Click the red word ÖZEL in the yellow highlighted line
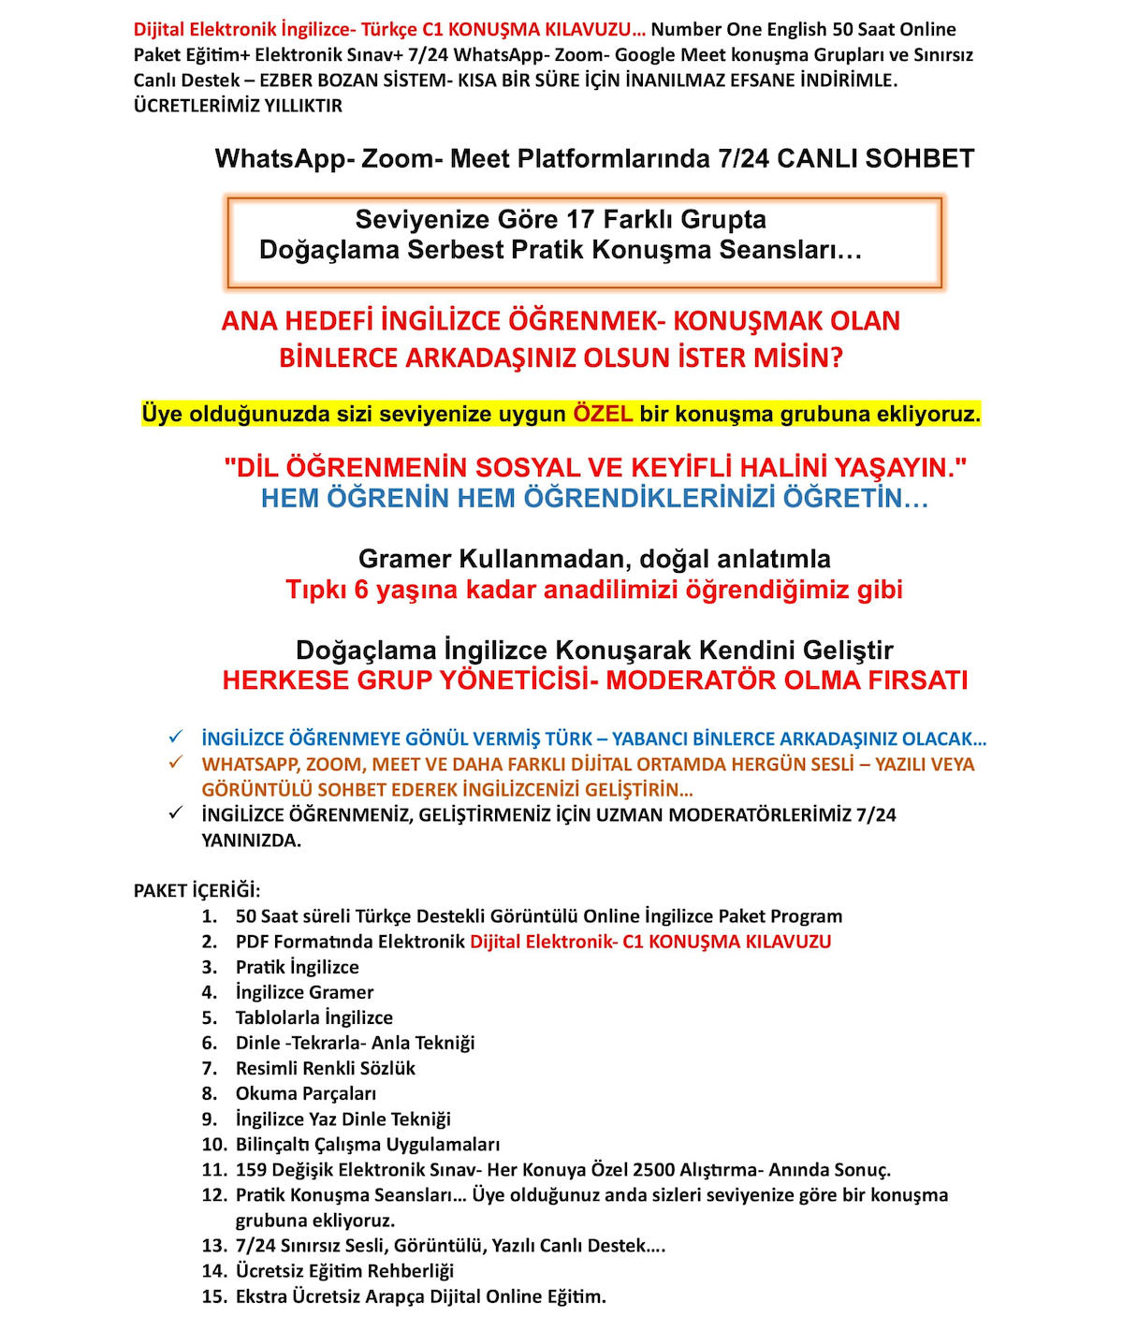pos(603,414)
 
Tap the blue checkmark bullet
pos(175,738)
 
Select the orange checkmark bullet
pos(175,763)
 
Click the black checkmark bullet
pos(175,813)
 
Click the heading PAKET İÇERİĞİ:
pos(197,890)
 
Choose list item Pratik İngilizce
pos(297,967)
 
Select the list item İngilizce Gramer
pos(304,992)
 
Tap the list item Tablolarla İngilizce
pos(314,1017)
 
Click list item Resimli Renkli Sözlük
pos(325,1068)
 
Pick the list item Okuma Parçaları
pos(305,1093)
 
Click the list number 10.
pos(214,1144)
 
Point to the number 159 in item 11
pos(252,1169)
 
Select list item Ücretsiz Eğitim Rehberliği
pos(344,1271)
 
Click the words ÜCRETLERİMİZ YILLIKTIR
pos(238,106)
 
